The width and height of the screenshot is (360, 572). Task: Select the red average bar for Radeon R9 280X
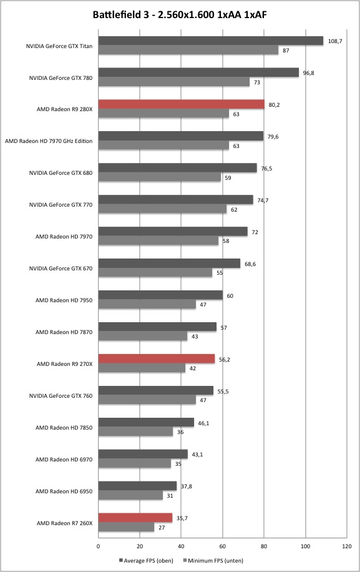point(182,104)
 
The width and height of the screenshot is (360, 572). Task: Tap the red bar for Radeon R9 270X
point(157,359)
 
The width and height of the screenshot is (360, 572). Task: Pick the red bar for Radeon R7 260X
point(135,518)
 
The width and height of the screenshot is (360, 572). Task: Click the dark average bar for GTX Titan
point(211,41)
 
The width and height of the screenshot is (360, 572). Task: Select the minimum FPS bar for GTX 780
point(174,82)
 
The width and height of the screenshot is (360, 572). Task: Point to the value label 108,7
point(335,41)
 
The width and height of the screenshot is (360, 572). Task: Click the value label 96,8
point(308,73)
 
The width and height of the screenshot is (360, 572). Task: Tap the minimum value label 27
point(162,528)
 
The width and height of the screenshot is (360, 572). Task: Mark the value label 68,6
point(250,264)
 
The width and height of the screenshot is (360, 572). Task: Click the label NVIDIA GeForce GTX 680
point(61,173)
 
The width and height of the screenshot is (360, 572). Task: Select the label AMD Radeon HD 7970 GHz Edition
point(49,141)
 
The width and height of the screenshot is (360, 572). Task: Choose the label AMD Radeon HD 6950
point(64,491)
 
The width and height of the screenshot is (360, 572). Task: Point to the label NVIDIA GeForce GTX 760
point(61,396)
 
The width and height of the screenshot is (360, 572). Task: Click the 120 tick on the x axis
point(347,546)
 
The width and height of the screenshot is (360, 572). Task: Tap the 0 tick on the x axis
point(99,546)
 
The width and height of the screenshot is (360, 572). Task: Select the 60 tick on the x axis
point(223,546)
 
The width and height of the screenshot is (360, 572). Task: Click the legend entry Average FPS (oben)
point(146,560)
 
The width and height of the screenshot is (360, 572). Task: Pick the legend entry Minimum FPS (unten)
point(213,560)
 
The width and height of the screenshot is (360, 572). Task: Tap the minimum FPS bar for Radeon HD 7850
point(135,432)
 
